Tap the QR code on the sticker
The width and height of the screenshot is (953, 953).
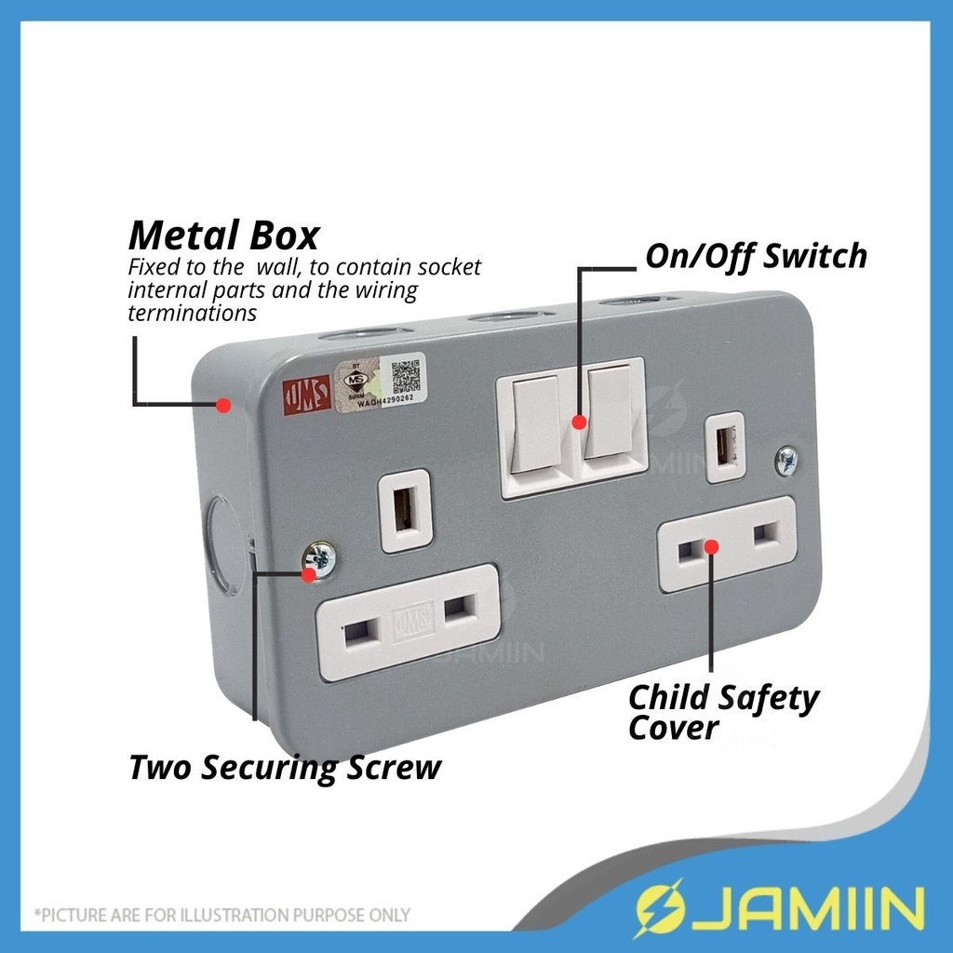(406, 373)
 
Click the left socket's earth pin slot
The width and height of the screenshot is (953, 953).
(406, 511)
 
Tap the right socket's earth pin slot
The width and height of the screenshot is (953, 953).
(726, 446)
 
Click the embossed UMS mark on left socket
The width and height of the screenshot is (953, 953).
(411, 620)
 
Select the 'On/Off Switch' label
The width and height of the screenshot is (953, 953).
(756, 256)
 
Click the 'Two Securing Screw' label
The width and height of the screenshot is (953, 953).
(284, 769)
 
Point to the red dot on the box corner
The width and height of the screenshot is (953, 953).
(222, 405)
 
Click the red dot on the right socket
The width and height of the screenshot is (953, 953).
(711, 545)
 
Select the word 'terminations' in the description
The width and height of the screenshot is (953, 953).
(192, 313)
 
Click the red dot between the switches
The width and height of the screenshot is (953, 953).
(579, 422)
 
